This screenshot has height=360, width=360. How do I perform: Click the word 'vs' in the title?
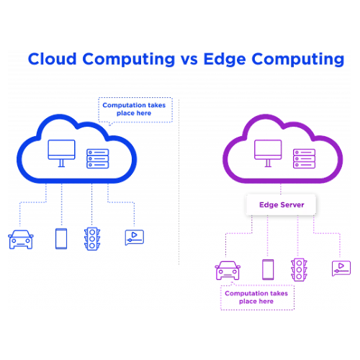(189, 60)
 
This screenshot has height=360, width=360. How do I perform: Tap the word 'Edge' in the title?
(225, 59)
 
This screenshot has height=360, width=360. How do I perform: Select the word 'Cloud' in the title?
(53, 58)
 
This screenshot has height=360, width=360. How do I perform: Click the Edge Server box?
(281, 204)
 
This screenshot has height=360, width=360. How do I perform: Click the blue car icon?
(21, 240)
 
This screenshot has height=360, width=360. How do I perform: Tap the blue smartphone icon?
(61, 239)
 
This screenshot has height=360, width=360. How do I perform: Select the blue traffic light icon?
(92, 239)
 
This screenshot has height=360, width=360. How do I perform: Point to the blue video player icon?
(135, 238)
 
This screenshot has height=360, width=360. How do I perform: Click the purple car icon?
(228, 271)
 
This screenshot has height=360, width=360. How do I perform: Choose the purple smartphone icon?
(268, 269)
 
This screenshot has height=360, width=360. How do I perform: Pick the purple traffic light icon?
(299, 269)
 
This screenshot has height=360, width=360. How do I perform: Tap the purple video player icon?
(341, 269)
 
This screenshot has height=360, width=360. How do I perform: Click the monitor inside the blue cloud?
(61, 153)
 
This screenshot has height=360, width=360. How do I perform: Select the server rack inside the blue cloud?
(98, 158)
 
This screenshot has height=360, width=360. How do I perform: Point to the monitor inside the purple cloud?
(268, 153)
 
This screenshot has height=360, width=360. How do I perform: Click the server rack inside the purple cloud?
(304, 158)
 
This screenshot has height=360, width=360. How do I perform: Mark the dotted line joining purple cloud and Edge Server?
(281, 189)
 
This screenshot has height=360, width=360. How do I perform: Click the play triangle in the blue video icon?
(134, 235)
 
